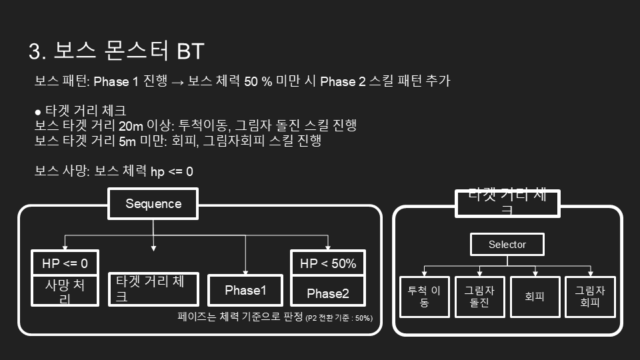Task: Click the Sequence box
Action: point(153,204)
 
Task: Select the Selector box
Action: point(507,245)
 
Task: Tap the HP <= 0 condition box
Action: point(65,263)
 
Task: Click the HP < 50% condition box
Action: point(328,263)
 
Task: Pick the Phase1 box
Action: point(245,291)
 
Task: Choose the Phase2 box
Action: point(328,293)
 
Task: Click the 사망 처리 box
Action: point(65,292)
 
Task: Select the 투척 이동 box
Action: point(425,297)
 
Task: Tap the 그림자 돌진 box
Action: point(479,297)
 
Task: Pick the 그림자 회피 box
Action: point(590,297)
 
